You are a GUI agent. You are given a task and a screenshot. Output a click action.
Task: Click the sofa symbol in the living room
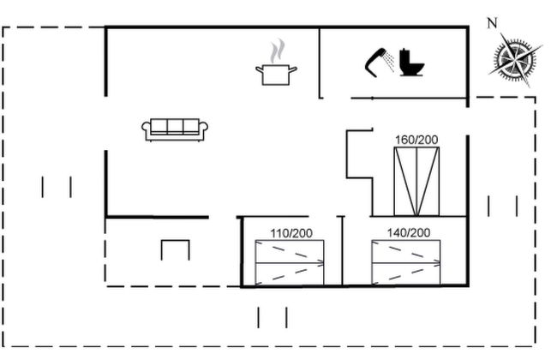[x=175, y=129]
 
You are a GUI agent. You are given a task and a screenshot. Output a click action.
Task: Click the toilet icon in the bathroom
[x=411, y=63]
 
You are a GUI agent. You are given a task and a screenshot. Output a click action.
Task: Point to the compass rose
[x=516, y=59]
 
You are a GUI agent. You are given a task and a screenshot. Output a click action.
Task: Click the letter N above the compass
[x=492, y=23]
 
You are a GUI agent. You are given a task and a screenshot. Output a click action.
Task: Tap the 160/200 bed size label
[x=416, y=140]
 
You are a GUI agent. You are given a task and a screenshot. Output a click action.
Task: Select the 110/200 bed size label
[x=291, y=233]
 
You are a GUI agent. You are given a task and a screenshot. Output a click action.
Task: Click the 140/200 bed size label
[x=409, y=233]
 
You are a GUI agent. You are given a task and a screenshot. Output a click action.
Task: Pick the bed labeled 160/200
[x=416, y=181]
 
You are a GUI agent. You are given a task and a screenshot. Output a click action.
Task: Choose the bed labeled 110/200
[x=290, y=262]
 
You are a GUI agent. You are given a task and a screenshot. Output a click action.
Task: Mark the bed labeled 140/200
[x=405, y=262]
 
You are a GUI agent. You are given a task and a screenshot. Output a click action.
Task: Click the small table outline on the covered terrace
[x=176, y=242]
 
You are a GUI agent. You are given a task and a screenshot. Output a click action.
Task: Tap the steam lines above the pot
[x=277, y=51]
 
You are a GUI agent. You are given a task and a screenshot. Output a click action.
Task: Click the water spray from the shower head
[x=390, y=62]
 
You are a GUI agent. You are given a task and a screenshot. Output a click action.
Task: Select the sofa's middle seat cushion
[x=175, y=126]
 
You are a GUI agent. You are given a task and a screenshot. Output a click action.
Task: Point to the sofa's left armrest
[x=146, y=130]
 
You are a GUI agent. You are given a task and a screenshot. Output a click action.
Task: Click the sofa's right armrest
[x=204, y=130]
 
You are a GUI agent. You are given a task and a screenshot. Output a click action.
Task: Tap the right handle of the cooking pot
[x=293, y=69]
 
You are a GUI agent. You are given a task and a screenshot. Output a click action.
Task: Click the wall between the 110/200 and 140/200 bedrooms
[x=343, y=250]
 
